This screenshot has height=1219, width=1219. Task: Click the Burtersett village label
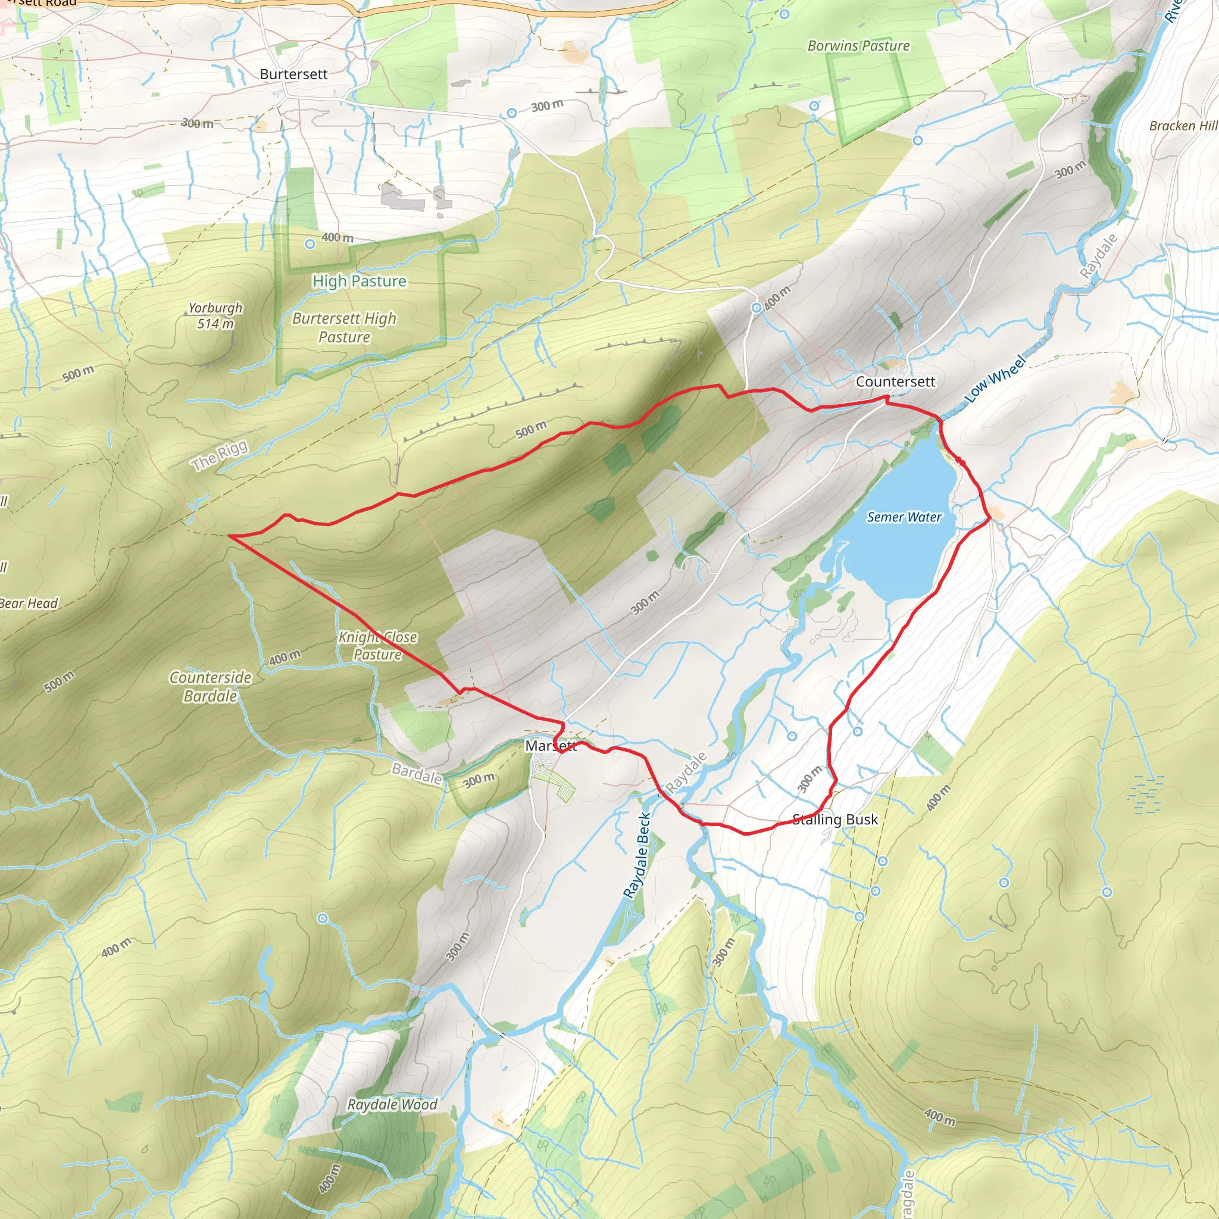click(x=293, y=74)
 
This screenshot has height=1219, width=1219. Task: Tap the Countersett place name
click(x=895, y=382)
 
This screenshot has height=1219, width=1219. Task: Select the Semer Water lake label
click(x=904, y=517)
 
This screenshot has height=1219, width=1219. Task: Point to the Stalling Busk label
click(x=834, y=820)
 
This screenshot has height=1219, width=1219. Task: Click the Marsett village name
click(x=550, y=746)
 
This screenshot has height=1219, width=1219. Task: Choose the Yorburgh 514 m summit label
click(x=215, y=315)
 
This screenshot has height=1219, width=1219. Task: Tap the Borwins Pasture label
click(x=858, y=46)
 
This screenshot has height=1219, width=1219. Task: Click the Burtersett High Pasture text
click(x=344, y=327)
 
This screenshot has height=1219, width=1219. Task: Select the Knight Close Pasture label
click(x=377, y=645)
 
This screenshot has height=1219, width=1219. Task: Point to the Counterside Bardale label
click(x=210, y=686)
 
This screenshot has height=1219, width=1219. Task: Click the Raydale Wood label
click(x=392, y=1104)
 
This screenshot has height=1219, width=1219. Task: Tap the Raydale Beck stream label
click(x=637, y=855)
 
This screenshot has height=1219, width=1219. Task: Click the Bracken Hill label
click(x=1183, y=126)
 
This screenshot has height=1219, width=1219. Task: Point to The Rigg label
click(x=220, y=455)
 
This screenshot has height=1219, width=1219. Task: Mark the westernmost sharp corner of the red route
click(x=229, y=536)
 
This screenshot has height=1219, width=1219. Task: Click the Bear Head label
click(x=29, y=603)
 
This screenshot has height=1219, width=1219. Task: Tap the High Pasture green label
click(x=359, y=282)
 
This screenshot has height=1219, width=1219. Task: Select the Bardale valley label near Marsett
click(x=417, y=773)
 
